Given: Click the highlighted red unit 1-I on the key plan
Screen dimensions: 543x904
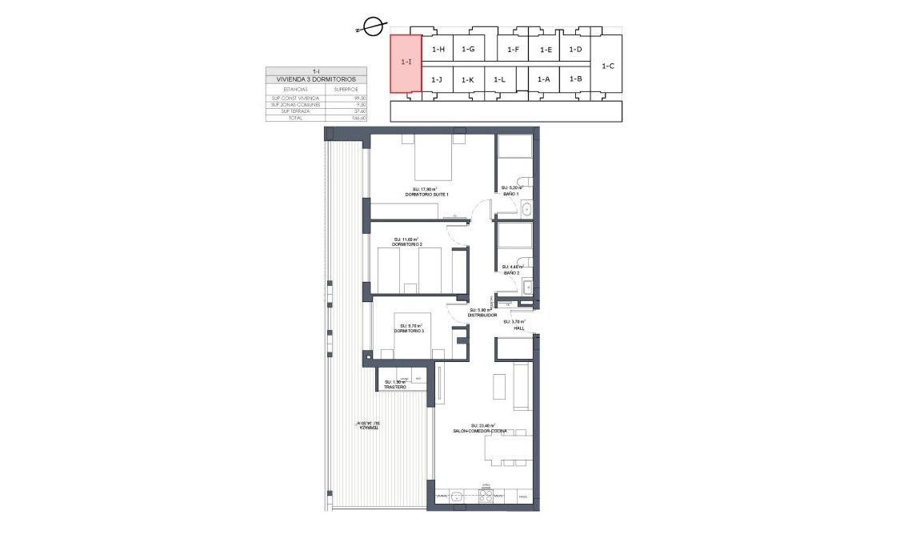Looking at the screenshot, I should point(405,63).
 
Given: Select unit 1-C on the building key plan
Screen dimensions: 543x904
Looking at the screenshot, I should point(607,66).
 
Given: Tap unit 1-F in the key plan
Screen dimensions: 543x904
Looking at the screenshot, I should point(514,50).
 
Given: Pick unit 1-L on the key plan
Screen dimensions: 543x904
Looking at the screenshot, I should point(499,79).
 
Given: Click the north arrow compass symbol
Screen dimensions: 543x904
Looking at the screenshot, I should point(371,28).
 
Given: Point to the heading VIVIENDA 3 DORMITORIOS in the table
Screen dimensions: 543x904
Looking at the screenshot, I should point(316,79).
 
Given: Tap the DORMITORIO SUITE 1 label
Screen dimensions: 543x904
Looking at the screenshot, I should point(426,195).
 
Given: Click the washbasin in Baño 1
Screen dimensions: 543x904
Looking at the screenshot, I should point(527,210).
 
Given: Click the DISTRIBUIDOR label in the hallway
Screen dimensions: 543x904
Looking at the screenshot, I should point(482,315).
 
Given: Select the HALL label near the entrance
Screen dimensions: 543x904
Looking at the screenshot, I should point(518,327).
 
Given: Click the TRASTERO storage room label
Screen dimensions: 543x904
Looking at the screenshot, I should point(394,387).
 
